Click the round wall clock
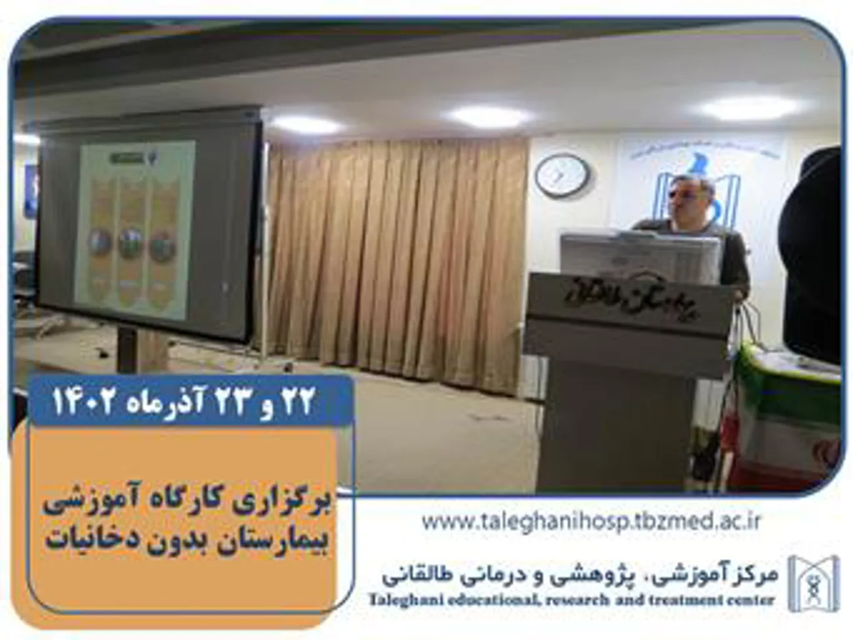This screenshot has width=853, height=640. click(x=562, y=175)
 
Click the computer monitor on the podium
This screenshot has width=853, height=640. click(x=640, y=256)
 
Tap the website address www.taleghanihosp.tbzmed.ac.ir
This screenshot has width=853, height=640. click(x=591, y=522)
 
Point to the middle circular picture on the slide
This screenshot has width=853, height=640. click(x=130, y=243)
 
